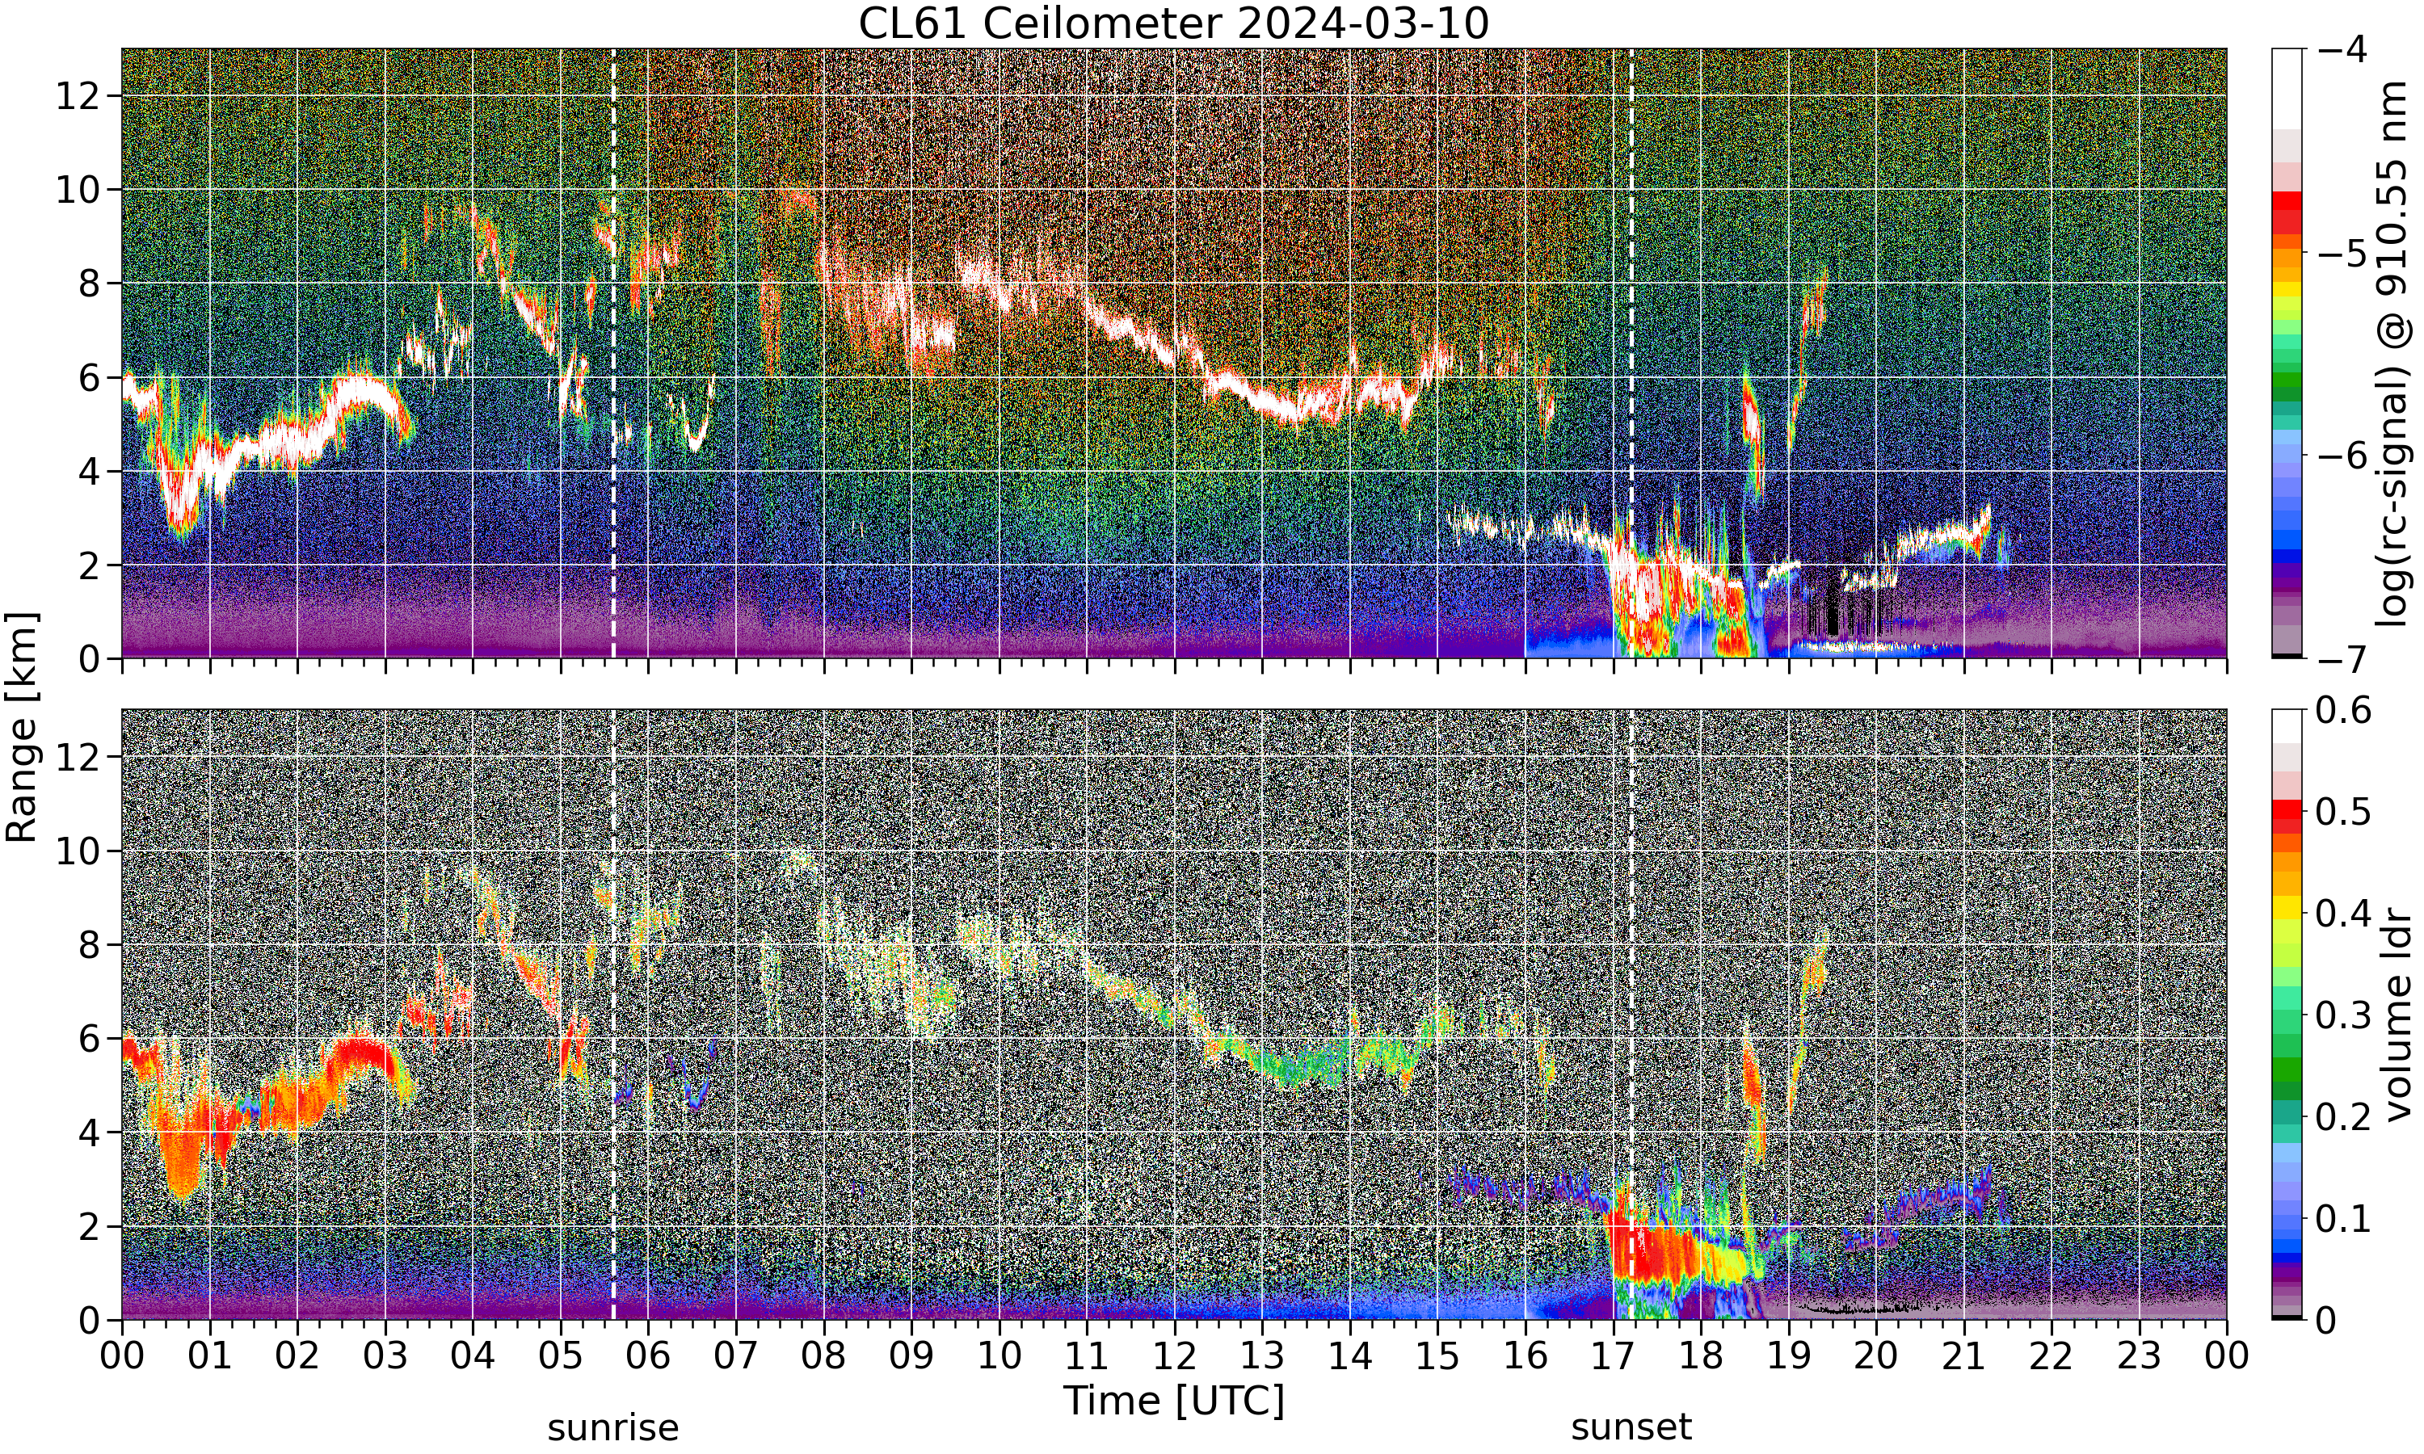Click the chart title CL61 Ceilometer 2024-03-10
pyautogui.click(x=1174, y=23)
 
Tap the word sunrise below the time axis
pyautogui.click(x=613, y=1427)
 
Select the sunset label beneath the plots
pyautogui.click(x=1631, y=1427)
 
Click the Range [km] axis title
pyautogui.click(x=22, y=727)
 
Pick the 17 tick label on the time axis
pyautogui.click(x=1614, y=1356)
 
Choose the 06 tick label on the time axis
pyautogui.click(x=648, y=1356)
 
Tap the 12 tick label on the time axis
pyautogui.click(x=1174, y=1356)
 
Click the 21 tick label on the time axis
pyautogui.click(x=1963, y=1356)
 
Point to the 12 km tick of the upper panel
pyautogui.click(x=78, y=95)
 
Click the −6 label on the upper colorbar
pyautogui.click(x=2344, y=456)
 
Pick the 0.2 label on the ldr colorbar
pyautogui.click(x=2344, y=1116)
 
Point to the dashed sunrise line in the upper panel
pyautogui.click(x=613, y=354)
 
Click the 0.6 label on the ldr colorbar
pyautogui.click(x=2344, y=710)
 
